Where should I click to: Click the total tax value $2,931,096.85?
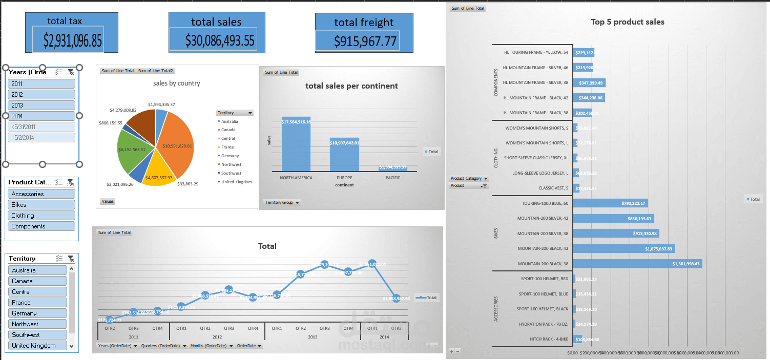[72, 40]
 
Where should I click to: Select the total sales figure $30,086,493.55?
[220, 40]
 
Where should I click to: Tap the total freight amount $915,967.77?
[365, 41]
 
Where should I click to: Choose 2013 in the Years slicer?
[41, 105]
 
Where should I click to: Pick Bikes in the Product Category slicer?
[41, 205]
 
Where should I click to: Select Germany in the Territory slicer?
[37, 313]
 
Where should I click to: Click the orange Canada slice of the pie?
[177, 143]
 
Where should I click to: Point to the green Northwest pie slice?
[131, 151]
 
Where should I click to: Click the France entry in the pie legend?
[227, 147]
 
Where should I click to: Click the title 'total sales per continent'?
[351, 86]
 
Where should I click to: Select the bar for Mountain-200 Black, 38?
[637, 264]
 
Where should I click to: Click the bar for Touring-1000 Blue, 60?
[610, 203]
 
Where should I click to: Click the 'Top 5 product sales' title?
[628, 22]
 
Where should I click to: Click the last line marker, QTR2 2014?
[397, 299]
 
